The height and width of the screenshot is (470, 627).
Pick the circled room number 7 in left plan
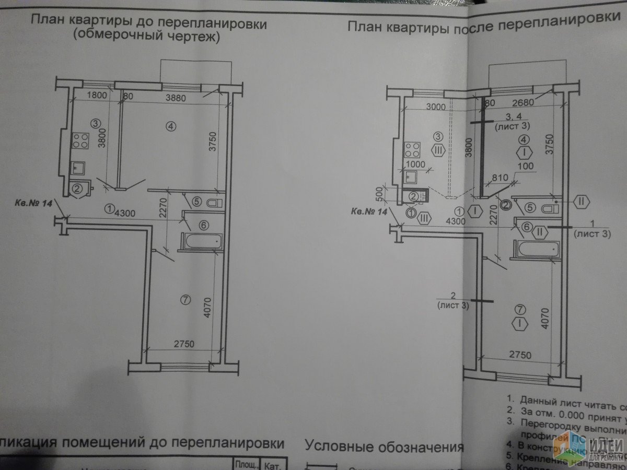(183, 299)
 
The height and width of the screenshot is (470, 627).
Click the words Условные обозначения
(384, 448)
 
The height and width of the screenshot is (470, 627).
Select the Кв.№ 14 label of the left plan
(33, 204)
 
